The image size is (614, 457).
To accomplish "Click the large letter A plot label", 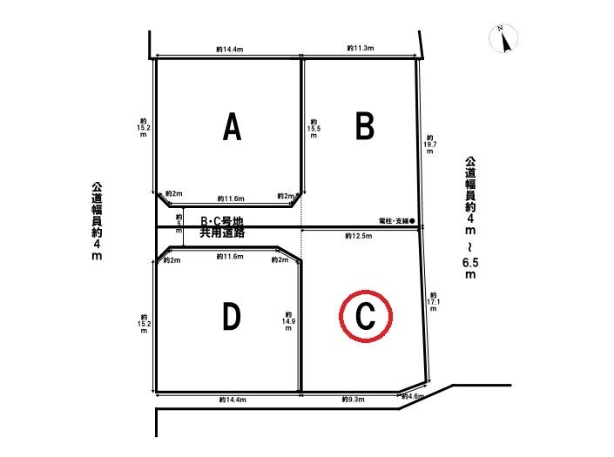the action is (x=232, y=126).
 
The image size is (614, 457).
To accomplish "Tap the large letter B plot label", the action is (x=365, y=126).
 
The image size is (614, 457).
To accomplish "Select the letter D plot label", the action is (x=232, y=317).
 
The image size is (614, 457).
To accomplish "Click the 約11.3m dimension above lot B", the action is (x=361, y=48).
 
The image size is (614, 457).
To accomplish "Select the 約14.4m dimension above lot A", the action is (x=229, y=50).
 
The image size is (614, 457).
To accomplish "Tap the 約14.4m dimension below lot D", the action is (x=233, y=400).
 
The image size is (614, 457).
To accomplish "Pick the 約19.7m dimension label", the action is (x=430, y=144).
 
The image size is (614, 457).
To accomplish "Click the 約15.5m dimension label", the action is (x=314, y=129).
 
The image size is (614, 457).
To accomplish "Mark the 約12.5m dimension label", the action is (x=359, y=236).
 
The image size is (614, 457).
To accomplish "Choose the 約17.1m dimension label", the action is (x=433, y=302).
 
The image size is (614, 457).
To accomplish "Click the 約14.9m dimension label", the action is (x=288, y=321).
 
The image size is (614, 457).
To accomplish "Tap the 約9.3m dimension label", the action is (x=353, y=400).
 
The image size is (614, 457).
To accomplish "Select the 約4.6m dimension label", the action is (x=413, y=396).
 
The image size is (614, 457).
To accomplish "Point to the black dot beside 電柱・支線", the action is (x=412, y=221).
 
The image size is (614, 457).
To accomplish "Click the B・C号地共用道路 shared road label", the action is (x=222, y=227).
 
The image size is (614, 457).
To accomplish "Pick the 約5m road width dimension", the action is (x=179, y=224).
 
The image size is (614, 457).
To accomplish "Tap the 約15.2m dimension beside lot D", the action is (x=144, y=324).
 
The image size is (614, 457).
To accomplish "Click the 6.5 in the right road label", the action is (x=470, y=263).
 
